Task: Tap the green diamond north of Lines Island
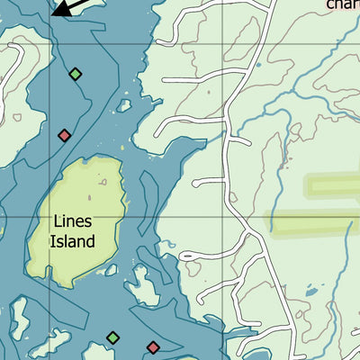[x=76, y=74]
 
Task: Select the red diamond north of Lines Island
[x=64, y=136]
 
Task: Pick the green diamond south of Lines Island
[x=112, y=337]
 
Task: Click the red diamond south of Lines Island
[x=153, y=346]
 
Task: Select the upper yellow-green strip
[x=333, y=186]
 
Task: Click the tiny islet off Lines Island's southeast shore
[x=141, y=286]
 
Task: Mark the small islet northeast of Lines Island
[x=123, y=105]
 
